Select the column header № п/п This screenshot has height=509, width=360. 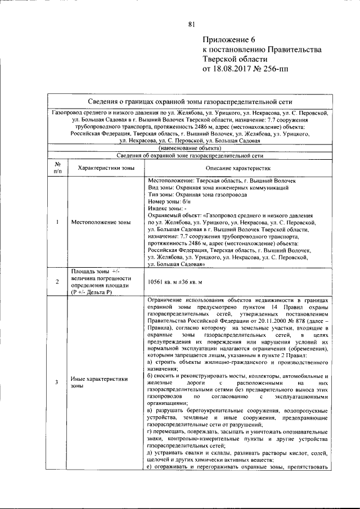click(57, 168)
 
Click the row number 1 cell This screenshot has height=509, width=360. click(57, 222)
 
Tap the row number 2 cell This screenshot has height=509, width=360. click(57, 281)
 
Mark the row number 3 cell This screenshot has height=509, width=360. click(57, 383)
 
